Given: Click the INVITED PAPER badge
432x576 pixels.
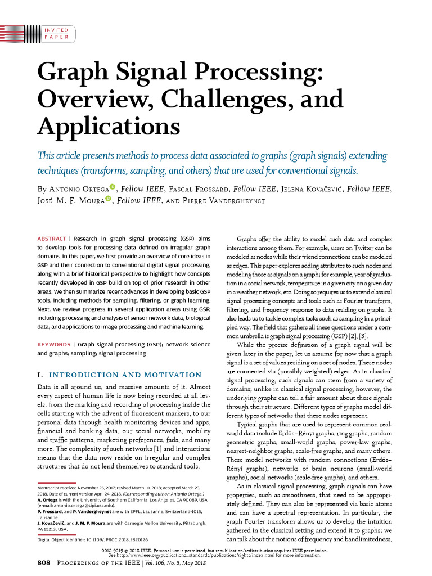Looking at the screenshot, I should pyautogui.click(x=56, y=33).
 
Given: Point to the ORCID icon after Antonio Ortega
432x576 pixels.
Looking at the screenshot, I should pyautogui.click(x=112, y=186).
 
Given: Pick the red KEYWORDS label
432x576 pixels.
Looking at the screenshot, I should pyautogui.click(x=53, y=344).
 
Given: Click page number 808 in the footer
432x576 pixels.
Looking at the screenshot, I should pyautogui.click(x=44, y=562).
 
